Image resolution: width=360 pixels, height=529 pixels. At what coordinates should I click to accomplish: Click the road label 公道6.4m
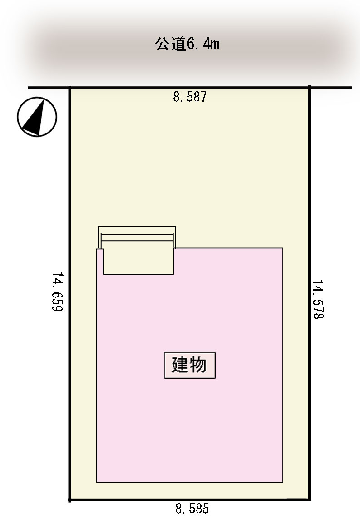click(x=187, y=44)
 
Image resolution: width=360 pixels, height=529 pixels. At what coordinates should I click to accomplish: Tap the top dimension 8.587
click(x=190, y=97)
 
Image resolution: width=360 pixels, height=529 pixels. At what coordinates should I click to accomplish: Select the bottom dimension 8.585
click(x=192, y=509)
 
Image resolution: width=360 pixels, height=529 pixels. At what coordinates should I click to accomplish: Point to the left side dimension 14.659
click(x=57, y=292)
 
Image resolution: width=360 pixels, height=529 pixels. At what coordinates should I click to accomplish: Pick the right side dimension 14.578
click(x=318, y=299)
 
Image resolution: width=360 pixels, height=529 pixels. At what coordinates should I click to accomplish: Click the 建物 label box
click(x=190, y=365)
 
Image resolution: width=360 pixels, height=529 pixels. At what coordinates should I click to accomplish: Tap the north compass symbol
click(x=37, y=117)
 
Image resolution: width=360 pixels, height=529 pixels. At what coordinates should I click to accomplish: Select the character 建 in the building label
click(x=180, y=365)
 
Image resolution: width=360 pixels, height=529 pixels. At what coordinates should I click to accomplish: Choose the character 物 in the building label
click(x=198, y=365)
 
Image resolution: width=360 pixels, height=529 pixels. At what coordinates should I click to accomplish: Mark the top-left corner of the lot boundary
click(x=70, y=88)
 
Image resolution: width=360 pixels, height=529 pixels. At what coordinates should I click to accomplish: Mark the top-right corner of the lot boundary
click(x=310, y=88)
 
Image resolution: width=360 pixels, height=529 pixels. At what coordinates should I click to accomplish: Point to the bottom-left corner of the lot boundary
click(x=70, y=499)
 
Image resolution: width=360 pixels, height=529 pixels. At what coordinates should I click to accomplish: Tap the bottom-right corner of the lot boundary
click(x=310, y=499)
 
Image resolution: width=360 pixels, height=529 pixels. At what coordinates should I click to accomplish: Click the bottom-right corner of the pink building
click(x=283, y=482)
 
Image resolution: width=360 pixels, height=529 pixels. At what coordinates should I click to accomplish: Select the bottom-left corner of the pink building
click(x=97, y=482)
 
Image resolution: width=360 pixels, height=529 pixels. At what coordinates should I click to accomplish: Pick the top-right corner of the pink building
click(x=283, y=248)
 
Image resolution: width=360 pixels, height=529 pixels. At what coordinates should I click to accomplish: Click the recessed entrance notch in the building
click(x=138, y=261)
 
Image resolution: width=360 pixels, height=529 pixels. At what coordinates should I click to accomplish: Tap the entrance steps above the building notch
click(x=137, y=237)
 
